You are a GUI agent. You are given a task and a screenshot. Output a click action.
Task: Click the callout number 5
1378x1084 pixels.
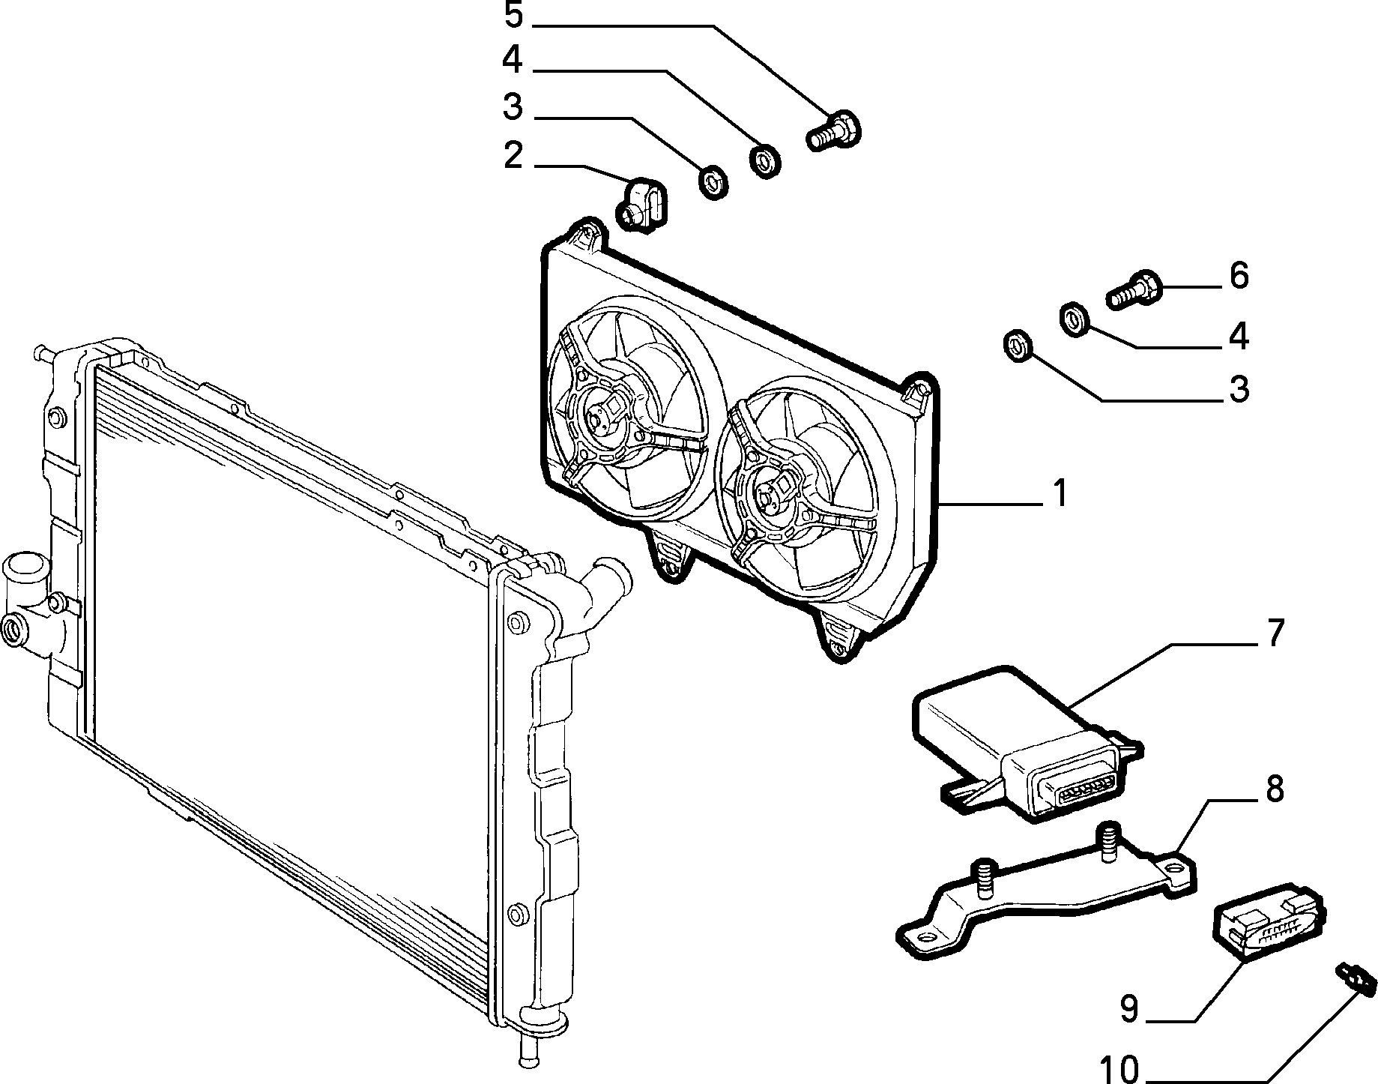pyautogui.click(x=513, y=15)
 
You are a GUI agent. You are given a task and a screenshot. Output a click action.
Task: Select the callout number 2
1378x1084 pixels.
pyautogui.click(x=513, y=155)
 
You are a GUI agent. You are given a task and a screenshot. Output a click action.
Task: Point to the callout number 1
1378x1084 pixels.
pyautogui.click(x=1059, y=494)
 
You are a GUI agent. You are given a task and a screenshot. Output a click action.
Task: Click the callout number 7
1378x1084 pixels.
pyautogui.click(x=1274, y=633)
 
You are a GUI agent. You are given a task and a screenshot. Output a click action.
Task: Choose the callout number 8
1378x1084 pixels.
pyautogui.click(x=1274, y=790)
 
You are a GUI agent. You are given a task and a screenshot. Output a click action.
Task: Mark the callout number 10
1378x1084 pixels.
pyautogui.click(x=1120, y=1069)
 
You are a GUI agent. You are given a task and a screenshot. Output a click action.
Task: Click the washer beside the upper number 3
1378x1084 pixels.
pyautogui.click(x=713, y=182)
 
